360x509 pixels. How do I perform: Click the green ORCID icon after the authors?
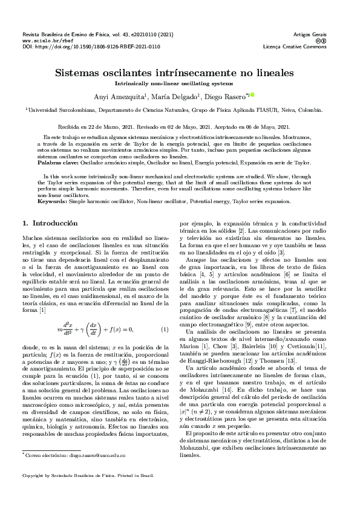coord(253,94)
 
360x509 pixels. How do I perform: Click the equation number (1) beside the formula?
coord(164,329)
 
